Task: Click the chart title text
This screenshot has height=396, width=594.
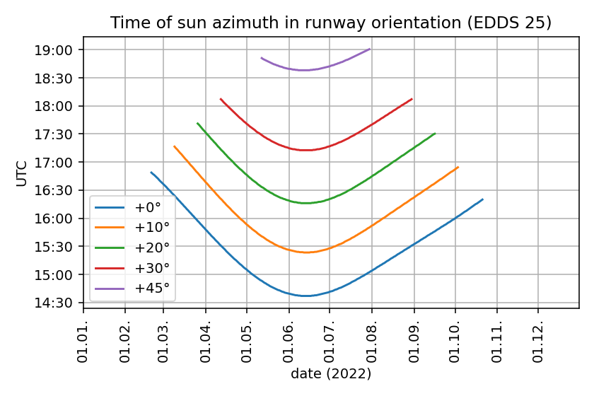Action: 331,23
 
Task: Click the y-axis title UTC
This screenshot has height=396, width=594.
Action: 22,173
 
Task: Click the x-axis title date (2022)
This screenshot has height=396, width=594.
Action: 331,373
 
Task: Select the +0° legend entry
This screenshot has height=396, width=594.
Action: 147,207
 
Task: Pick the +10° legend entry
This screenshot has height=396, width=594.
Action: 150,228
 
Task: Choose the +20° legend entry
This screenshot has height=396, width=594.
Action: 150,248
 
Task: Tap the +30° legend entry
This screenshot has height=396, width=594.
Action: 150,269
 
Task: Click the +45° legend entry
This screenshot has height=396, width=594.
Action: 150,289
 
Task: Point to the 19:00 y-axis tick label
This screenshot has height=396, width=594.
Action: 59,50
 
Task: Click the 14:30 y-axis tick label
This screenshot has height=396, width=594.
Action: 59,303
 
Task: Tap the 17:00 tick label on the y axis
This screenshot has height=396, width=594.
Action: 59,163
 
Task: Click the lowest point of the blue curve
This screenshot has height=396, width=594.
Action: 306,296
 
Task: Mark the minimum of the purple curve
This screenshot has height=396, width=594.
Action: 305,70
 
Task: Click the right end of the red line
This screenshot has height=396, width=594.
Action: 412,99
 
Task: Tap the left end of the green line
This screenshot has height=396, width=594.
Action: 197,123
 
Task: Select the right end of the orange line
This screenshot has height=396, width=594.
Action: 458,167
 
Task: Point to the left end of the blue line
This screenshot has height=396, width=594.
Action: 151,172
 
